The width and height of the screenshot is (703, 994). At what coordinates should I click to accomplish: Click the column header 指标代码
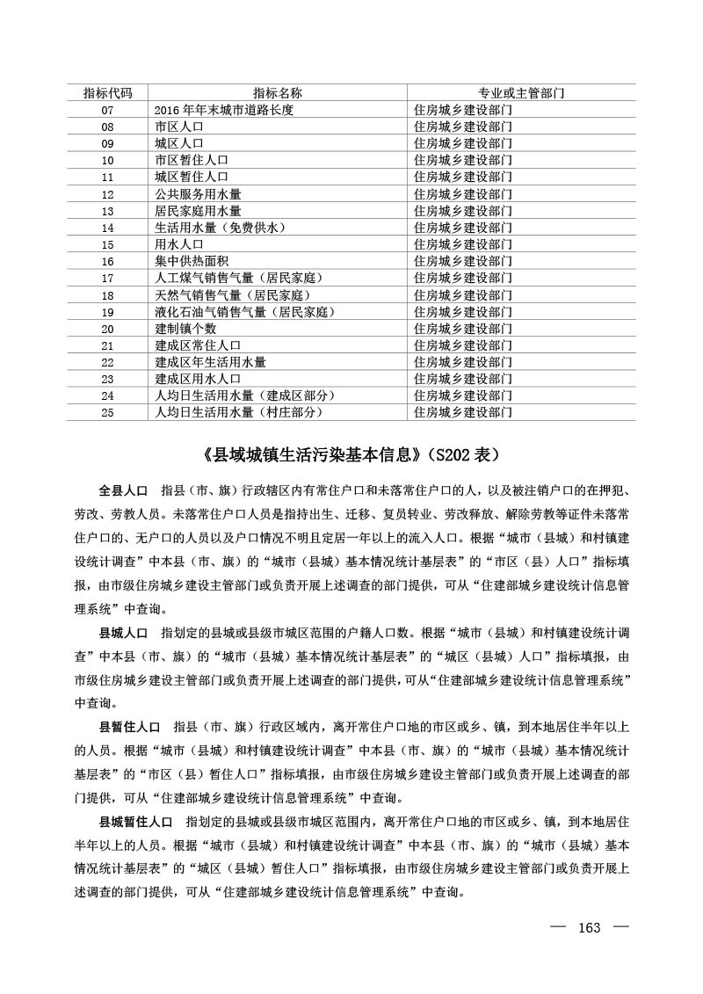tap(108, 93)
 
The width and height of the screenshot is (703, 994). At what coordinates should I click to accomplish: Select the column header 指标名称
tap(278, 93)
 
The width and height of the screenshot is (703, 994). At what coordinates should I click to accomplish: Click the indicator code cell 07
tap(108, 111)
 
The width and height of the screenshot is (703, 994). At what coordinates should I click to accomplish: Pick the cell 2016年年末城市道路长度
tap(223, 111)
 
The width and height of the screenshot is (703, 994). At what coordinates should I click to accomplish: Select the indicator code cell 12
tap(108, 194)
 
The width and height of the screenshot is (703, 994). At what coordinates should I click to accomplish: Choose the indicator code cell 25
tap(108, 411)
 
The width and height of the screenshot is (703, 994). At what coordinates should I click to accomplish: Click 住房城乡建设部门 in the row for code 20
tap(463, 328)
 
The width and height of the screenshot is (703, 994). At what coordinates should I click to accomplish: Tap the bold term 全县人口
tap(123, 488)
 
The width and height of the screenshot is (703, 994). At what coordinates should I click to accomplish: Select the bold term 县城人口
tap(123, 633)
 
